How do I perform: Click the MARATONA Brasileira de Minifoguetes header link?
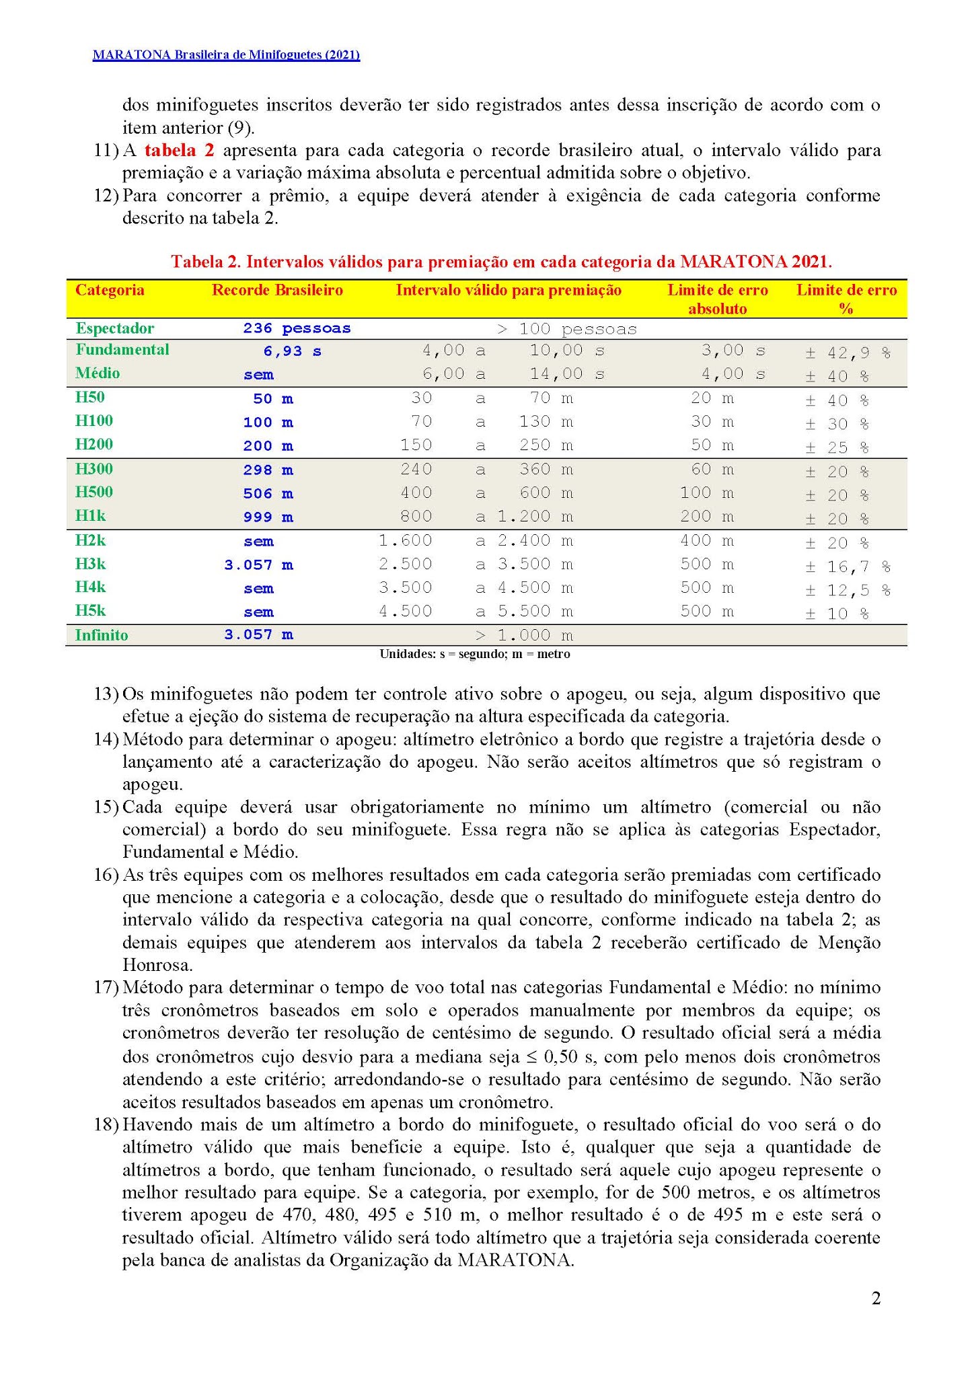[x=226, y=55]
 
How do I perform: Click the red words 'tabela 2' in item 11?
[x=179, y=151]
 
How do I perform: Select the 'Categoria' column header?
[x=110, y=290]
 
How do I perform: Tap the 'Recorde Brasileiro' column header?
[x=277, y=290]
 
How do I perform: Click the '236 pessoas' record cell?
[x=297, y=329]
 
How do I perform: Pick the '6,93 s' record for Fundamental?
[x=292, y=351]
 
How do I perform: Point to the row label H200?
[x=94, y=444]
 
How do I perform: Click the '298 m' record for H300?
[x=268, y=470]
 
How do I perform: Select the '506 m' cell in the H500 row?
[x=268, y=494]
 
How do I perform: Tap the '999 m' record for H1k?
[x=268, y=517]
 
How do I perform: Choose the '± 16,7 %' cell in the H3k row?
[x=848, y=567]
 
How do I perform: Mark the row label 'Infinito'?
[x=102, y=635]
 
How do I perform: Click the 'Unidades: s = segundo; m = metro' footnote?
[x=475, y=654]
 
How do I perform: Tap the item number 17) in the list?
[x=106, y=988]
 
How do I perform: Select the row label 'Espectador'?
[x=115, y=328]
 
